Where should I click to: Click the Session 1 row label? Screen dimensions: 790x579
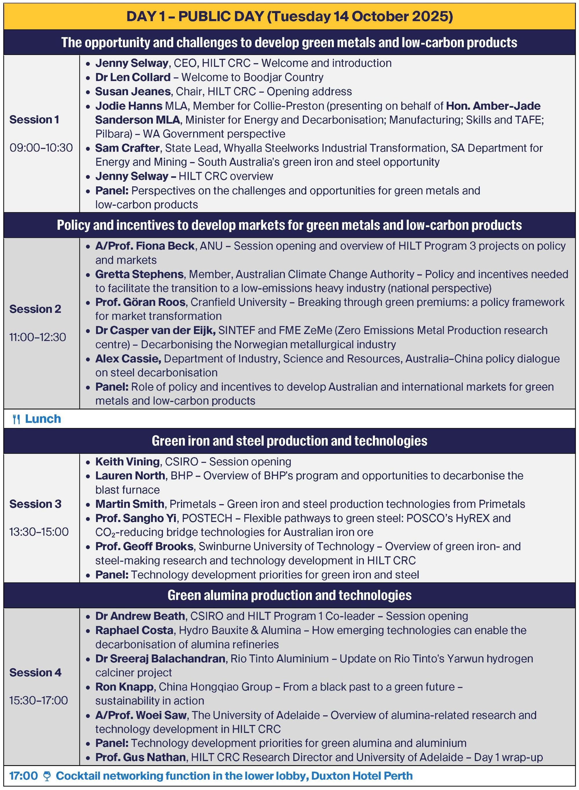tap(34, 120)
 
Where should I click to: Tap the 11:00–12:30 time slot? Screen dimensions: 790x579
tap(38, 337)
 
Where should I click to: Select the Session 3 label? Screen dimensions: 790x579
tap(35, 504)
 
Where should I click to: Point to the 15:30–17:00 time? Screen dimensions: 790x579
tap(39, 700)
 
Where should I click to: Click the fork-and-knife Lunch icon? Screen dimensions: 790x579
tap(16, 419)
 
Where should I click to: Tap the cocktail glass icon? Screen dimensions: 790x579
tap(47, 776)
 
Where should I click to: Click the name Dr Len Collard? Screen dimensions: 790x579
tap(133, 77)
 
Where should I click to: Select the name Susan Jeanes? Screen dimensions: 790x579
tap(133, 91)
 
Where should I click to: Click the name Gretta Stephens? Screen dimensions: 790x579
tap(140, 274)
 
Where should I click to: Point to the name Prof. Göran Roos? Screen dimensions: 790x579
tap(140, 302)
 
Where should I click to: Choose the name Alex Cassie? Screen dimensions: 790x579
tap(128, 358)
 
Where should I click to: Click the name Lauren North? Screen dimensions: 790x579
tap(130, 475)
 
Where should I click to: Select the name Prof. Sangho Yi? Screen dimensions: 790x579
tap(136, 518)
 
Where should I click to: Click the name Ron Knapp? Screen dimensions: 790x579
tap(124, 687)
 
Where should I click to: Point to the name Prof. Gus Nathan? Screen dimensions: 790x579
tap(140, 757)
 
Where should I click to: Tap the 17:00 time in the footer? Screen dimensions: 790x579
tap(23, 776)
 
